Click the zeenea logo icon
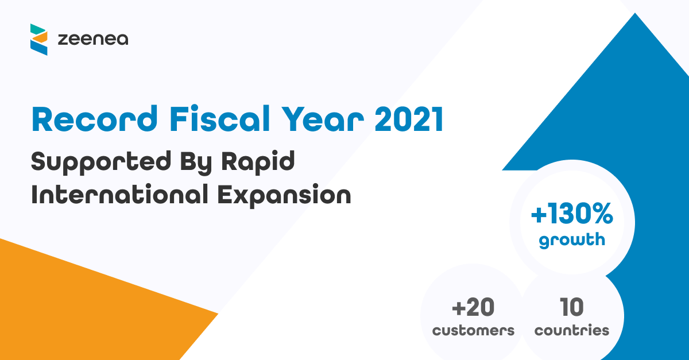[39, 39]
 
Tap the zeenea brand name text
[93, 40]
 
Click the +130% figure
[572, 215]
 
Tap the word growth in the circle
[572, 239]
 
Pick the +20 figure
[473, 308]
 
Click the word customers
[473, 331]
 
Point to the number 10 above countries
[572, 308]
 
